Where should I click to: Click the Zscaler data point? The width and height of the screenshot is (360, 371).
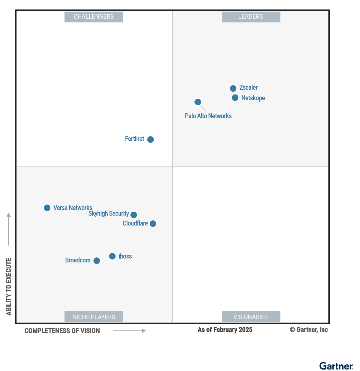[x=233, y=88]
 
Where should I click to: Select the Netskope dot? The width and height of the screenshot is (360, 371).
[x=235, y=98]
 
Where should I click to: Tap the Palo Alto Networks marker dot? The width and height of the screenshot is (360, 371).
[x=198, y=102]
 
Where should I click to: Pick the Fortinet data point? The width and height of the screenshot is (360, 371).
[x=151, y=139]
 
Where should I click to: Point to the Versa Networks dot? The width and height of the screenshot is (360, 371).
[x=47, y=208]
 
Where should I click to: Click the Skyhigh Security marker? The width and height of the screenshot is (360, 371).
[x=134, y=215]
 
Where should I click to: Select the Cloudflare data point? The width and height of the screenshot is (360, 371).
[x=153, y=224]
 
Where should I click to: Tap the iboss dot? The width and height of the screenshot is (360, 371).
[x=112, y=256]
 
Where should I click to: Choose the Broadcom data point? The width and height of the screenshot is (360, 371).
[x=97, y=261]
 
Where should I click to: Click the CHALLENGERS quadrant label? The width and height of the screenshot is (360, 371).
[x=94, y=17]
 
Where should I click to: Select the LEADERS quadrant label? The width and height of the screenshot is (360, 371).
[x=251, y=17]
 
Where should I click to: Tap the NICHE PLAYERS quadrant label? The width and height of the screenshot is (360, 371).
[x=94, y=317]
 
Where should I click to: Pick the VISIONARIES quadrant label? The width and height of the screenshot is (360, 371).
[x=251, y=317]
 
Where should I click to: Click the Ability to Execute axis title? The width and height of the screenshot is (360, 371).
[x=9, y=286]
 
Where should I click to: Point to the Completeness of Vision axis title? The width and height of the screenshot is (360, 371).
[x=62, y=331]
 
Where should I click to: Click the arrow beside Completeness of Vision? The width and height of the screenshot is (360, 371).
[x=129, y=331]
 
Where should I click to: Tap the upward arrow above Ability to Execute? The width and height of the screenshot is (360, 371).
[x=9, y=229]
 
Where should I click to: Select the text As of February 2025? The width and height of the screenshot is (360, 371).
[x=225, y=330]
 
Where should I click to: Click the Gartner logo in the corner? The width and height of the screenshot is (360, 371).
[x=336, y=366]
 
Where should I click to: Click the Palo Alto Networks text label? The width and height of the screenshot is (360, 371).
[x=208, y=116]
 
